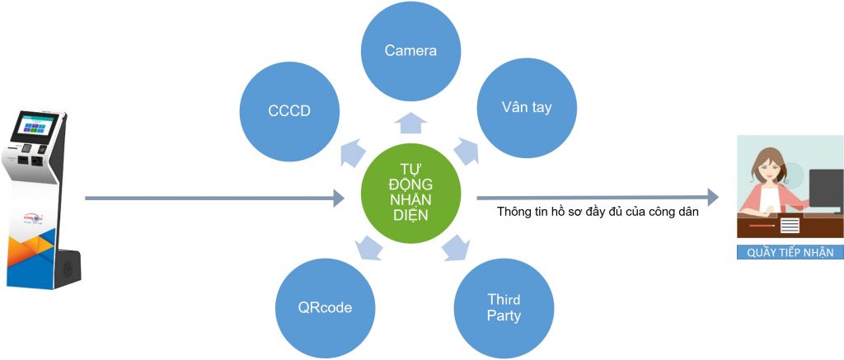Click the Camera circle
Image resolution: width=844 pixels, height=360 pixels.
pyautogui.click(x=410, y=50)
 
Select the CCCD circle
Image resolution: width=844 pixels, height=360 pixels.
pyautogui.click(x=288, y=109)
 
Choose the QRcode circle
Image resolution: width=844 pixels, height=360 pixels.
pyautogui.click(x=325, y=307)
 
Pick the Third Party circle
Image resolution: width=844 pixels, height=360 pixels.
pyautogui.click(x=504, y=307)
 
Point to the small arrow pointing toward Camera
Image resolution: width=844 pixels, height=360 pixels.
pyautogui.click(x=410, y=124)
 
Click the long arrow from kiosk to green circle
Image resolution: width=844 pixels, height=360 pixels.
pyautogui.click(x=214, y=198)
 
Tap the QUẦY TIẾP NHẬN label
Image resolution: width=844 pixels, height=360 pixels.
pyautogui.click(x=790, y=253)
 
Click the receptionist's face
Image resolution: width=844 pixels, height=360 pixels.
pyautogui.click(x=767, y=170)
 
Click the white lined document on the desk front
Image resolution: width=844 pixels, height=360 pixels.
pyautogui.click(x=790, y=224)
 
